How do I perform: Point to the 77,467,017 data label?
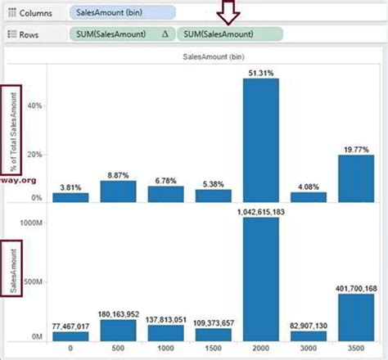(x=70, y=325)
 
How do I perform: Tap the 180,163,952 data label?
(x=118, y=313)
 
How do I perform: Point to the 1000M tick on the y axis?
(x=34, y=222)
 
